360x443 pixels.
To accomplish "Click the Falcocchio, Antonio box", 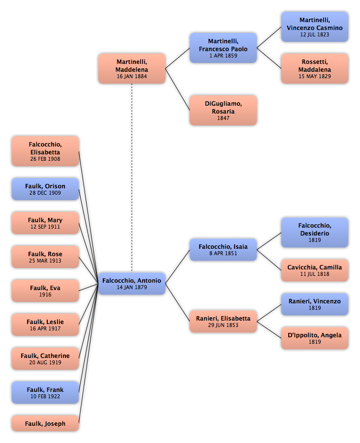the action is pos(132,283).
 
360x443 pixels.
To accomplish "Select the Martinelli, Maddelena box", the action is pos(132,68).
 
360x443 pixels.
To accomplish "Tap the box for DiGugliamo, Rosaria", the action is pos(223,110).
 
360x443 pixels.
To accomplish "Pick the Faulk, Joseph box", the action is pos(45,423).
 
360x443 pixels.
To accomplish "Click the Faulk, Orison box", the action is pos(45,189).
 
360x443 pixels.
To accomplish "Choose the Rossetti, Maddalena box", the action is pos(314,68).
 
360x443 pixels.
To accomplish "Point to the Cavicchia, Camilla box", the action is pos(314,270).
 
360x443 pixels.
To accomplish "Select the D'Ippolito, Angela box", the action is pos(314,338).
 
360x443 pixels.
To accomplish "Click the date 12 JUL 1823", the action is pos(314,34).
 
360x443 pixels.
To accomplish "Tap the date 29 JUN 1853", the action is pos(223,325).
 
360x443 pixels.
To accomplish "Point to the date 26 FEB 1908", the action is pos(45,159).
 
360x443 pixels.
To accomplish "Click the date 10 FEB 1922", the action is pos(45,396).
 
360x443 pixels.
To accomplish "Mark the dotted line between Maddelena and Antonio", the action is pos(132,177).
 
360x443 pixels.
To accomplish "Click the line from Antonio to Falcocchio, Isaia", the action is pos(178,266).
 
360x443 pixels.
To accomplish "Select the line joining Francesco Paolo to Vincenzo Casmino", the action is pos(269,37).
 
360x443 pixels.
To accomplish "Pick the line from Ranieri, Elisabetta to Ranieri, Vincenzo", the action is pos(269,313).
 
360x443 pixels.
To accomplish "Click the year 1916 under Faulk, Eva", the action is pos(45,295).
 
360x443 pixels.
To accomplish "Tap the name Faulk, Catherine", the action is pos(45,355).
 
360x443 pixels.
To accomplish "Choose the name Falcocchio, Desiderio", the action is pos(314,230).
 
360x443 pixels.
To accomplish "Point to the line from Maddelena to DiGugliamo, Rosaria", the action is pos(178,89).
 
